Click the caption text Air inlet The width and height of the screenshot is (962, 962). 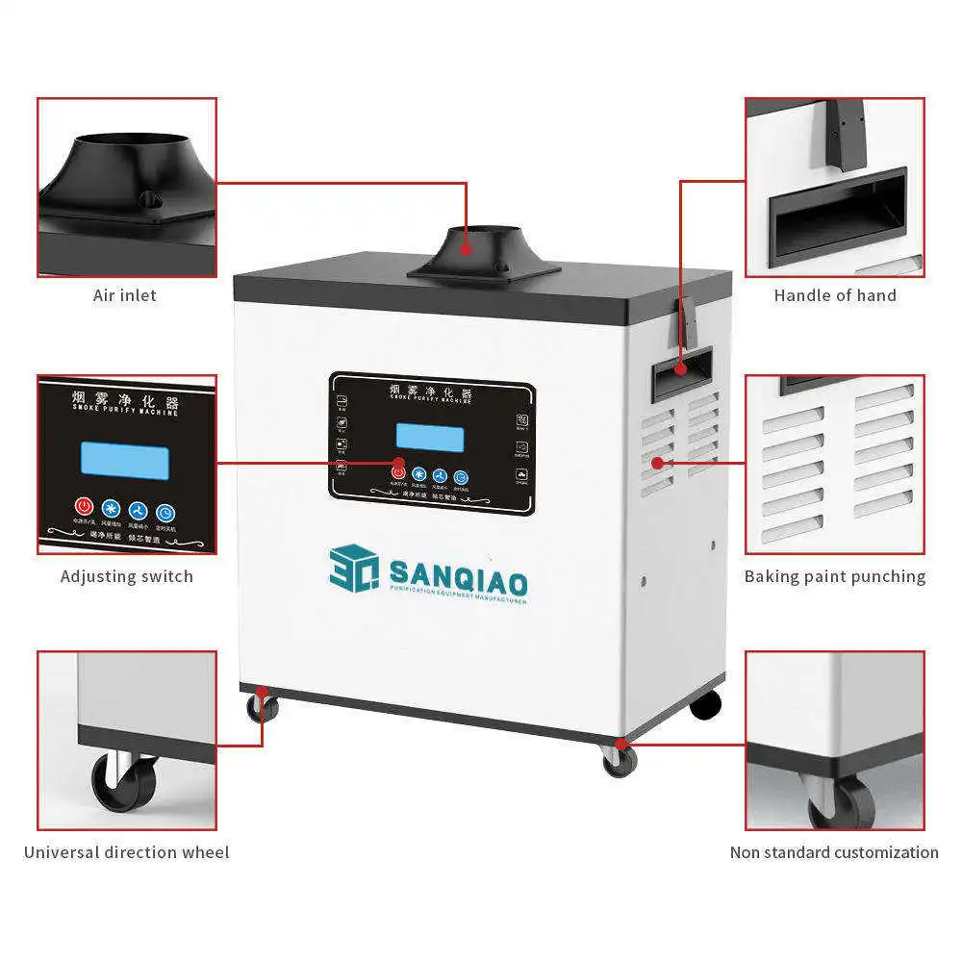(124, 295)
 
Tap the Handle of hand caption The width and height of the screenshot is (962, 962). (834, 295)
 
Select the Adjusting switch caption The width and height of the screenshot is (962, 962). (126, 576)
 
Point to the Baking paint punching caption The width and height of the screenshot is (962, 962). (834, 576)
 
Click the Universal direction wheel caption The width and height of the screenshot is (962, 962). (126, 851)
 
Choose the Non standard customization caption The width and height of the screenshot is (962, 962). (833, 851)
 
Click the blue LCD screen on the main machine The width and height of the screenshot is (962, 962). (429, 438)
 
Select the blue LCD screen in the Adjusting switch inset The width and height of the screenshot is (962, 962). (125, 461)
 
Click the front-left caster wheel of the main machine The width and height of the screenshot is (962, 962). (261, 709)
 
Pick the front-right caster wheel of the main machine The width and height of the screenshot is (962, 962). (620, 761)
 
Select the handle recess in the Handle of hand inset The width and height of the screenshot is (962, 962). (835, 216)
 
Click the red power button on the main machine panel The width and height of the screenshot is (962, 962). (398, 472)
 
